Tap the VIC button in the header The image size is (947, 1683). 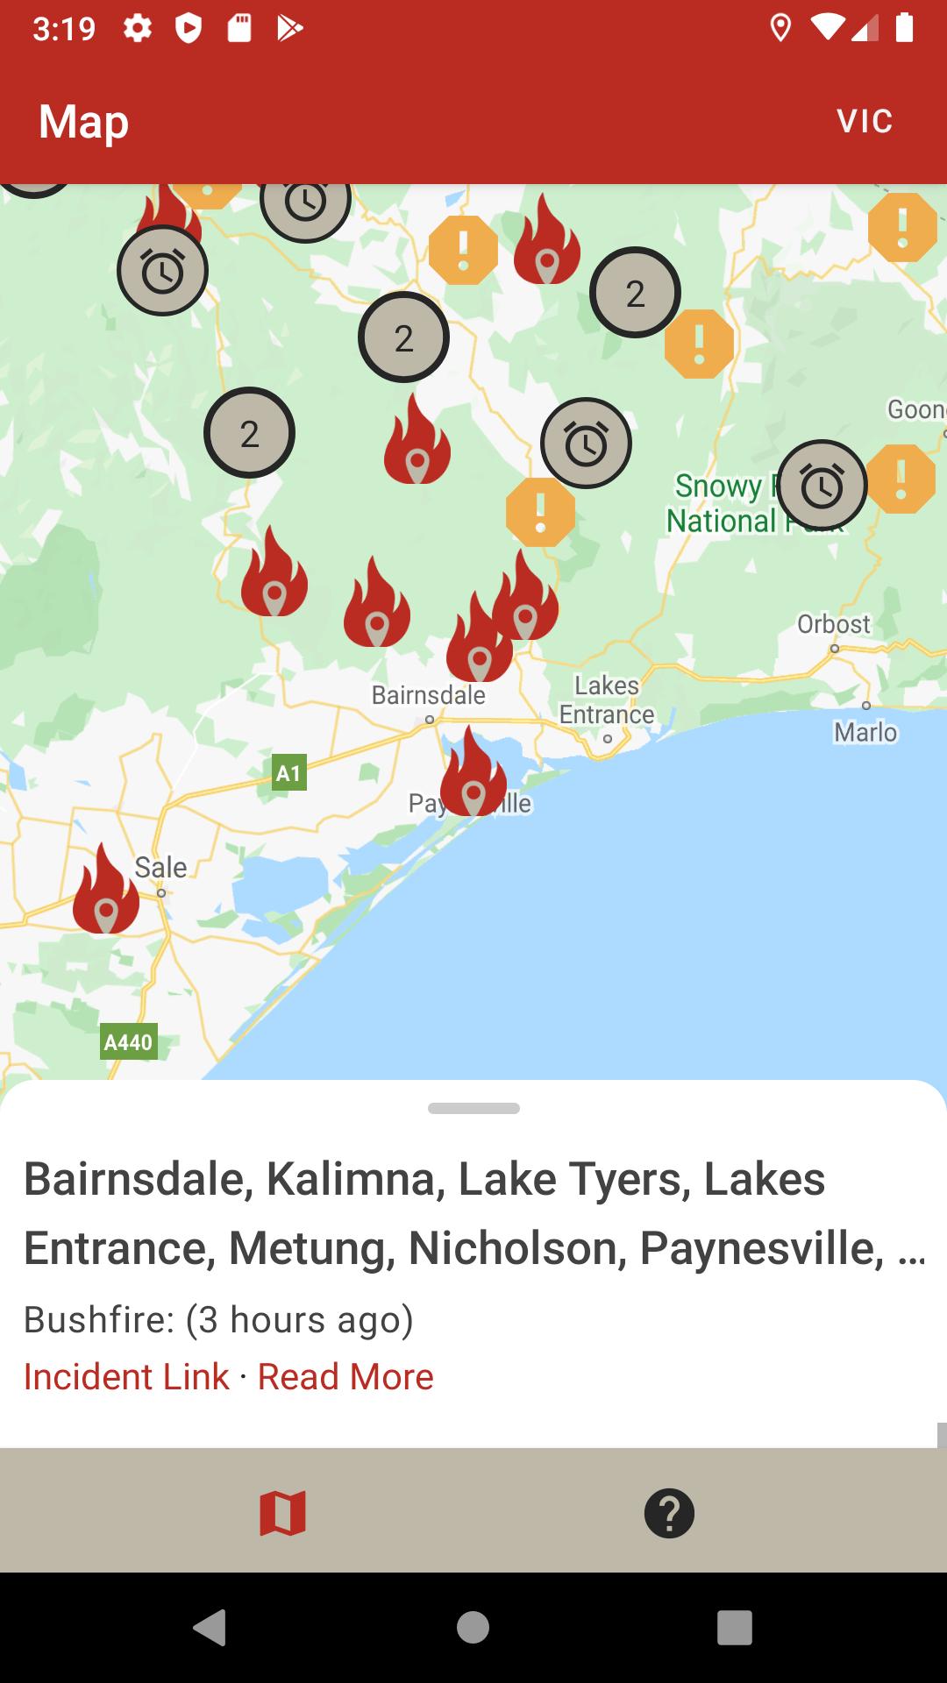tap(865, 121)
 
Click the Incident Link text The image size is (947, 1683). tap(126, 1376)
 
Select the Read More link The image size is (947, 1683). tap(345, 1376)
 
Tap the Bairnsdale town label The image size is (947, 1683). tap(428, 695)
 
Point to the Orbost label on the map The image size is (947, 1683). tap(833, 624)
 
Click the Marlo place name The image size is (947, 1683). tap(865, 732)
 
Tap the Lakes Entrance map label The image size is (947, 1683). tap(607, 699)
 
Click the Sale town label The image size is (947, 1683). tap(160, 867)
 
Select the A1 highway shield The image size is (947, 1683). tap(288, 773)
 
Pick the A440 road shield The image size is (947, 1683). tap(128, 1041)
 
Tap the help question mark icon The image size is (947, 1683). tap(669, 1513)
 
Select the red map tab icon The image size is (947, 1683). tap(282, 1513)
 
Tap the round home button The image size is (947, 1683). tap(473, 1628)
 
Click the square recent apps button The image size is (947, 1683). tap(734, 1628)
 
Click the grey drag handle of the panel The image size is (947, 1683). tap(473, 1108)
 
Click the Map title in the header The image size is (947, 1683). tap(84, 121)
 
